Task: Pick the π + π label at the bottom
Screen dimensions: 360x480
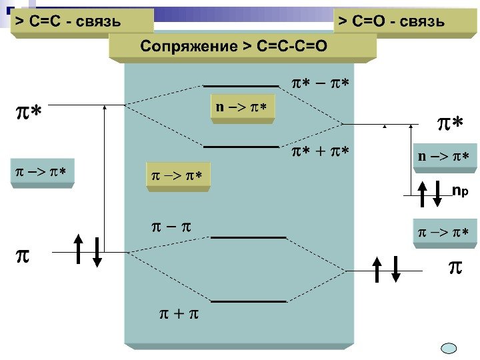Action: [179, 312]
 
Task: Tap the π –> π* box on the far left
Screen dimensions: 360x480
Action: [41, 173]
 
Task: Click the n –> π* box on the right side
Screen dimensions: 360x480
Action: [443, 157]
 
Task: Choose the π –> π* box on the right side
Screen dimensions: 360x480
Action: [443, 233]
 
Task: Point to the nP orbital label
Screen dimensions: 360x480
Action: [460, 191]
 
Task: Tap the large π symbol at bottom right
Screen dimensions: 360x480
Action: [454, 268]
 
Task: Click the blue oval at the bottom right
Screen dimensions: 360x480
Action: [450, 348]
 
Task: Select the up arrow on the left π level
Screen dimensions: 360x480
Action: [79, 250]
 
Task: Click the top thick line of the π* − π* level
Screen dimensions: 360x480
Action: [241, 86]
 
